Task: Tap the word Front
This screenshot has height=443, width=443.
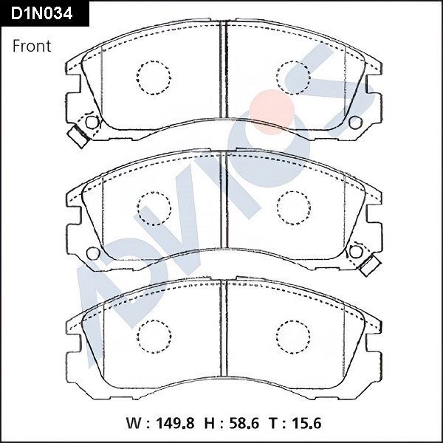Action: click(x=32, y=47)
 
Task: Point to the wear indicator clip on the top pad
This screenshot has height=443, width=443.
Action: click(x=76, y=135)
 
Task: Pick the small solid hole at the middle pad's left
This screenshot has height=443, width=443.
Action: click(x=92, y=253)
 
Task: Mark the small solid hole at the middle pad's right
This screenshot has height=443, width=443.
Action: click(x=354, y=253)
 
